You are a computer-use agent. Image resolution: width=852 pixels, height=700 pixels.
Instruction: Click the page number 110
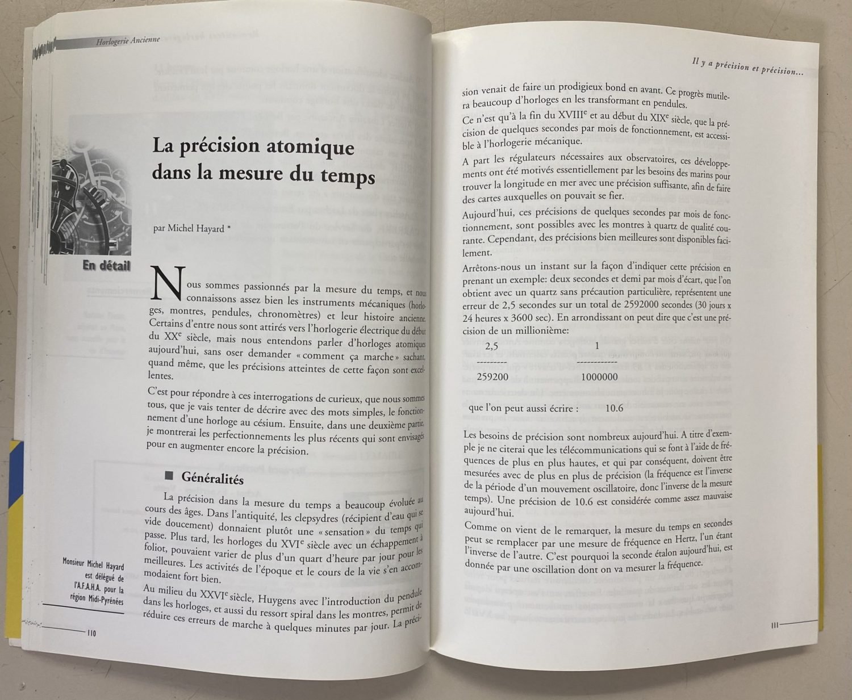tap(91, 634)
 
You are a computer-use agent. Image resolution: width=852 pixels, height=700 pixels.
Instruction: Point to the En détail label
tap(106, 265)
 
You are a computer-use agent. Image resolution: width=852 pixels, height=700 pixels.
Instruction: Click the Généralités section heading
tap(212, 478)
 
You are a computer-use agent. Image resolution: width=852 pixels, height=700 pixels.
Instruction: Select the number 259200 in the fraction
tap(492, 376)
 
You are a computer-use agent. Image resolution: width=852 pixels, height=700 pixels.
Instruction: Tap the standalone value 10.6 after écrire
tap(614, 408)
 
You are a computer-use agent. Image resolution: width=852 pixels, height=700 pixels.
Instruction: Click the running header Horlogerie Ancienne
tap(128, 40)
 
